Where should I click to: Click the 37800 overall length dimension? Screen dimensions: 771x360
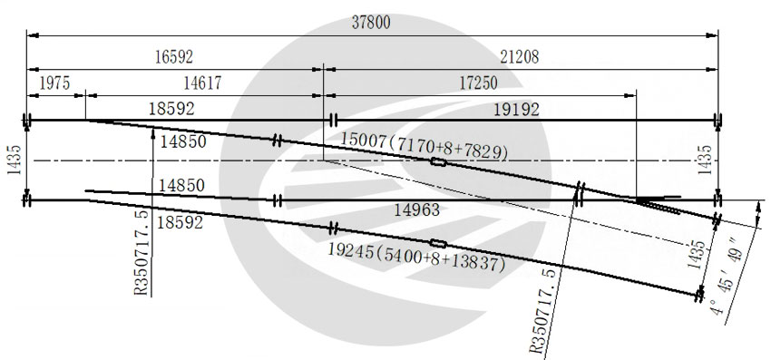click(x=371, y=23)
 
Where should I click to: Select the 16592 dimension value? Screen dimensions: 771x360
click(x=174, y=57)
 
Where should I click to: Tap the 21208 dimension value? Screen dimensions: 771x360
click(x=520, y=57)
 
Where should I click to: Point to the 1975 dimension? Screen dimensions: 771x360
click(x=54, y=83)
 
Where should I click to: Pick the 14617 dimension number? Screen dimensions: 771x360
click(x=202, y=83)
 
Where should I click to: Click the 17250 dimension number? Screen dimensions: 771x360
click(x=478, y=83)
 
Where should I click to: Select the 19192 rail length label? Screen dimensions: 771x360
click(x=516, y=109)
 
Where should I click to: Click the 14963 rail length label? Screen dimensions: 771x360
click(x=417, y=210)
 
